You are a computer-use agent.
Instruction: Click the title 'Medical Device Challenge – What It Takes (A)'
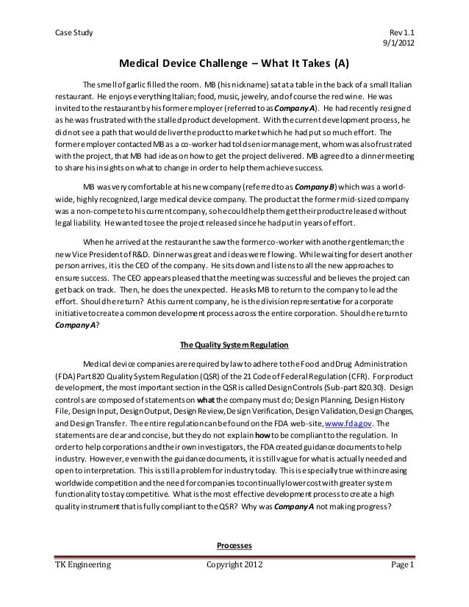pos(234,62)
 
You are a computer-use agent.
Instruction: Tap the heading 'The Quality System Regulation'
pos(234,345)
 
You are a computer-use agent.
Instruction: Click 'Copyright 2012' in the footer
pos(234,585)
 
